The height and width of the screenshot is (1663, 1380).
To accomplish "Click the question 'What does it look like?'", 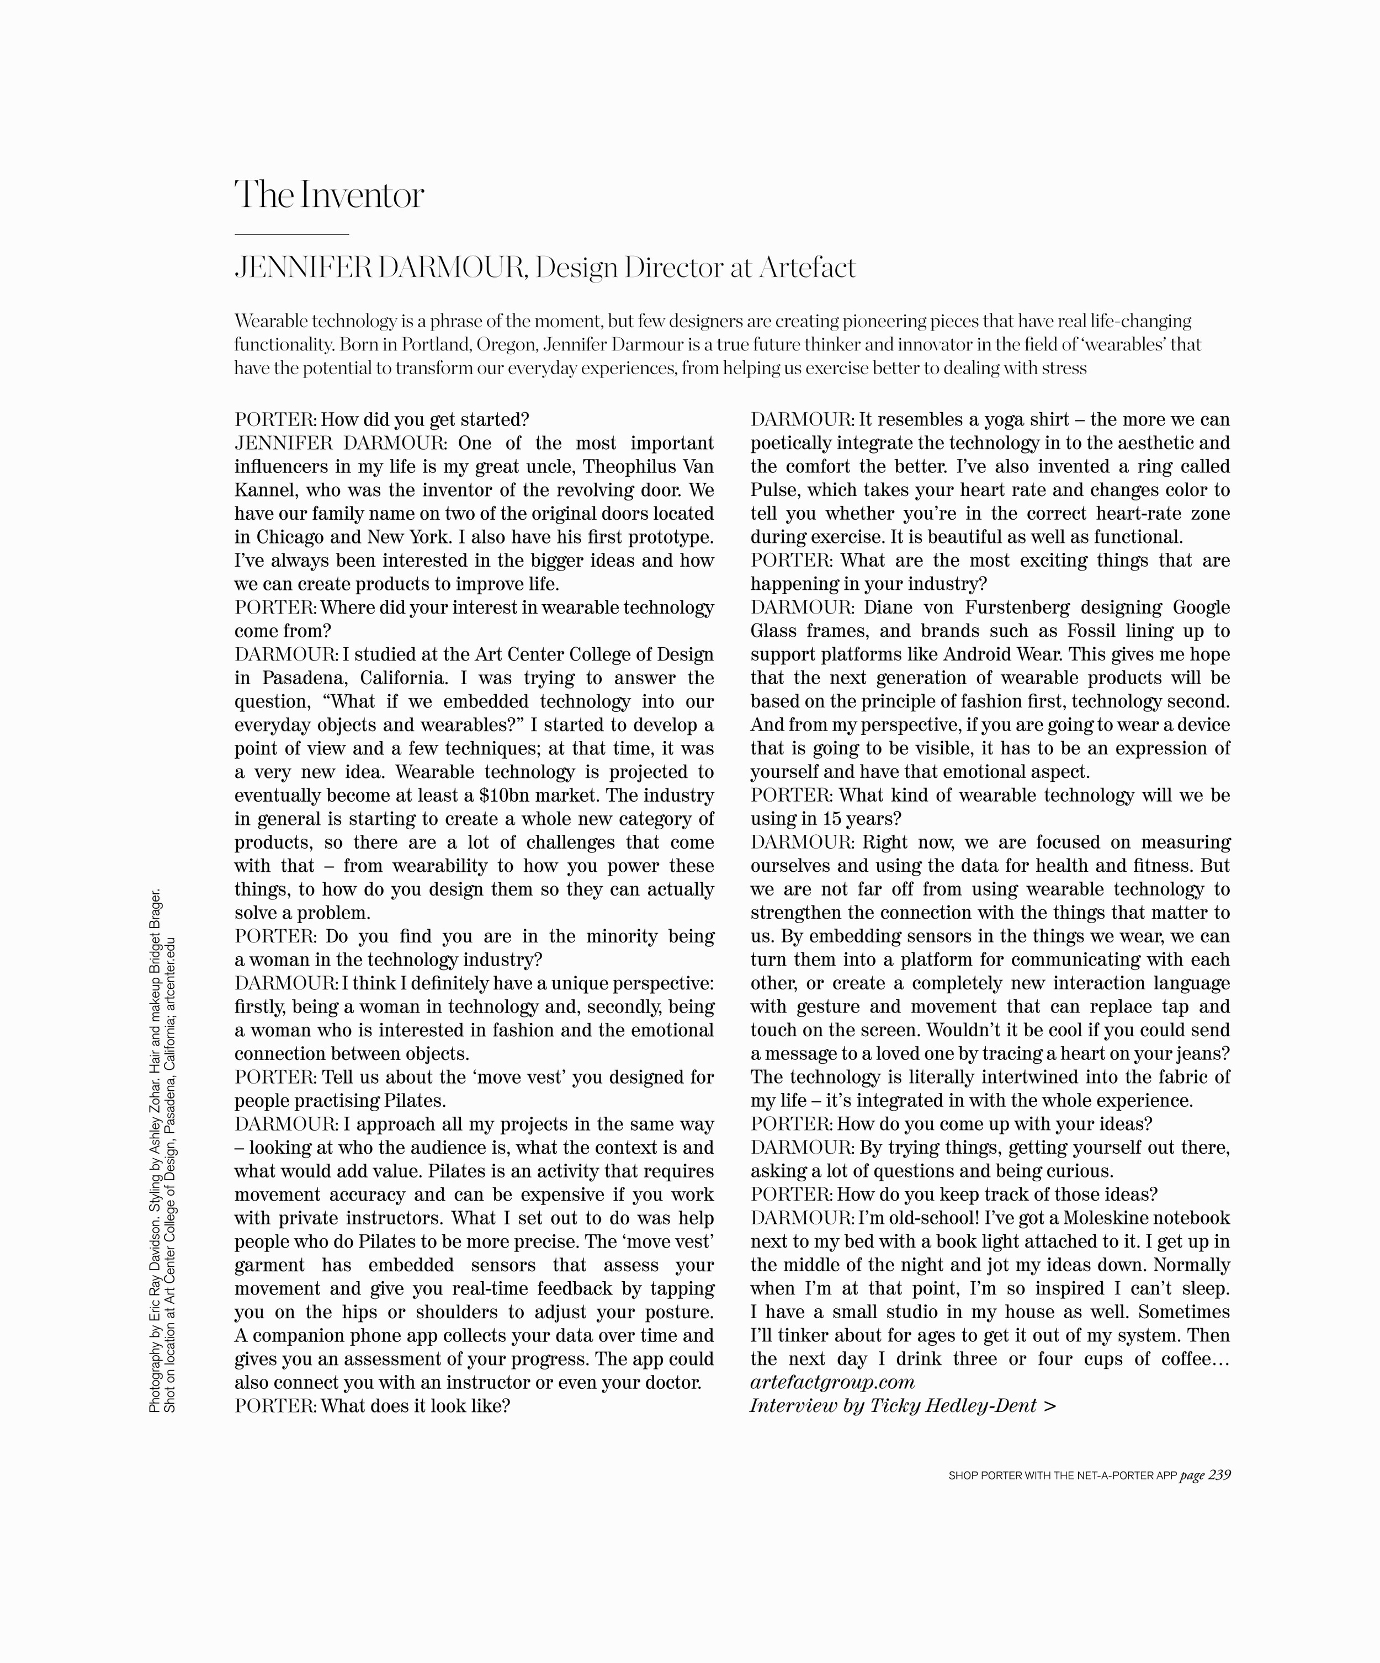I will pos(415,1406).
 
